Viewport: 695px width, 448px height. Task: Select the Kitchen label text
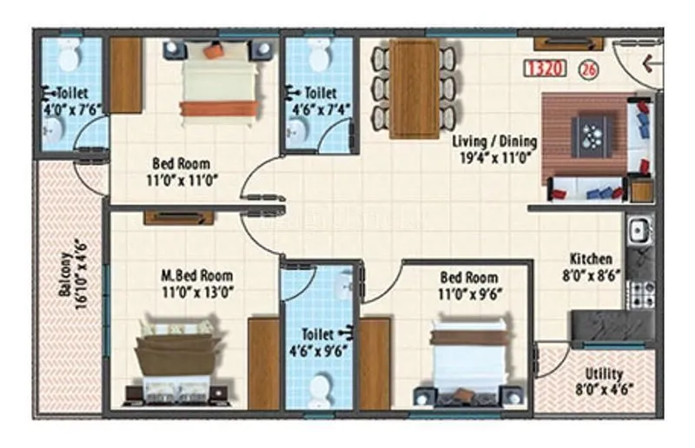tap(591, 259)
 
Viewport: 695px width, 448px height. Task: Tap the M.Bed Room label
tap(196, 277)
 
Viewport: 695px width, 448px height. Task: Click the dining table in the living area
tap(414, 89)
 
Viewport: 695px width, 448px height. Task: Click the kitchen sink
tap(636, 230)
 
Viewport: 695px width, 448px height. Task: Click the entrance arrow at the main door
tap(648, 63)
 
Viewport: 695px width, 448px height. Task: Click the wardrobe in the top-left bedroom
tap(126, 75)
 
